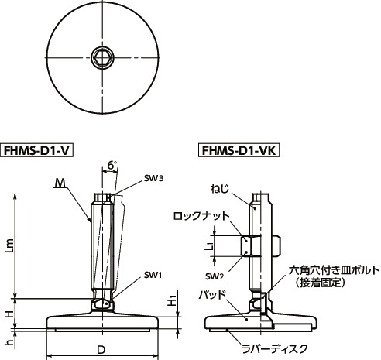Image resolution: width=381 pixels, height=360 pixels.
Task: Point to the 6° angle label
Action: pos(112,166)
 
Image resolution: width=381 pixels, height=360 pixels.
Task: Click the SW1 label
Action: pos(152,275)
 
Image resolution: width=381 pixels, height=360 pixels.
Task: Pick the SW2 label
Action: pos(215,276)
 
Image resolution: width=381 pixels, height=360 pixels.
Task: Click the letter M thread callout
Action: pos(60,183)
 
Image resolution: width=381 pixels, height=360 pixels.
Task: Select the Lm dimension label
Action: pos(9,246)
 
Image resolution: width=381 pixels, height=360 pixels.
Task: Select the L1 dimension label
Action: pos(209,246)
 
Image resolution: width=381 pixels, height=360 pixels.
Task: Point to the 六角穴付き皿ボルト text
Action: pos(334,270)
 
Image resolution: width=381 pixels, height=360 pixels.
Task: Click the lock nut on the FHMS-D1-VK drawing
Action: pos(256,246)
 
